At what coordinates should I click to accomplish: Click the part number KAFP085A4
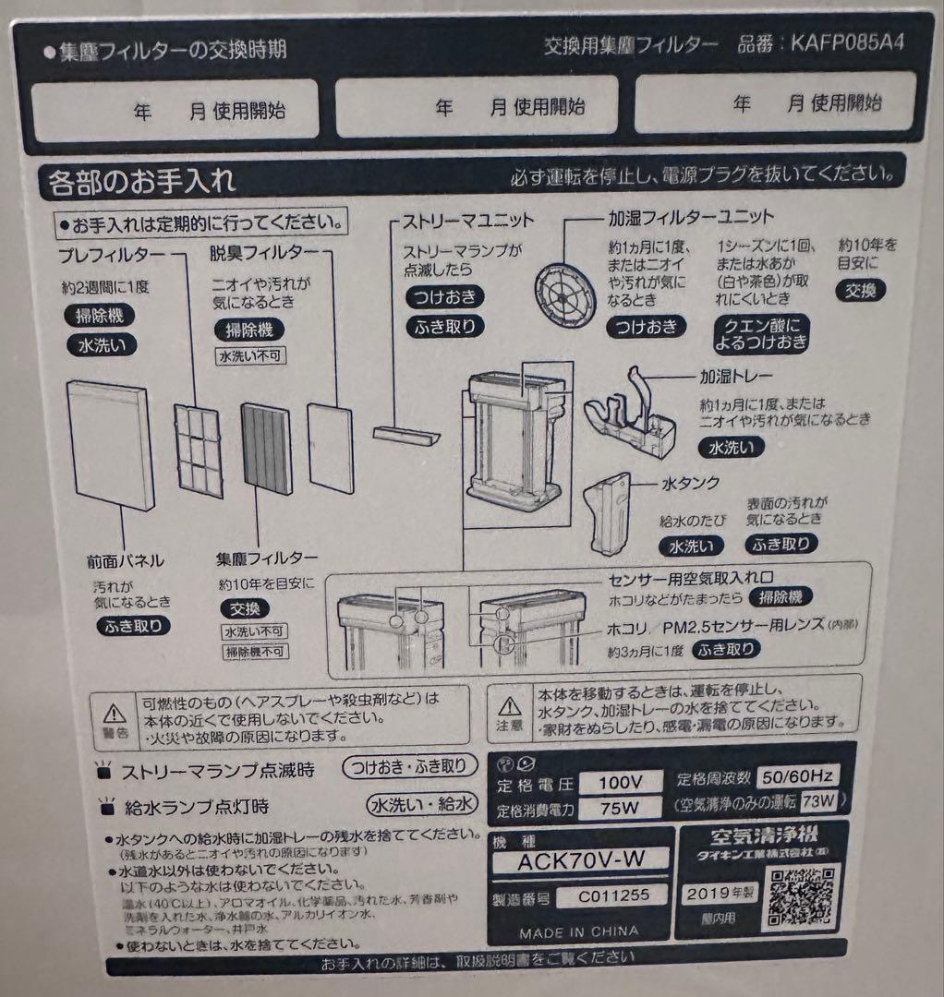coord(846,43)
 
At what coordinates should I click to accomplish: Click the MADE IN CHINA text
coord(578,931)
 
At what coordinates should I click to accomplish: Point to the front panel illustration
coord(111,446)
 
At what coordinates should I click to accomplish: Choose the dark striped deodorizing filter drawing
coord(267,449)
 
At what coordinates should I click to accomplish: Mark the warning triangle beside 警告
coord(114,713)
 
